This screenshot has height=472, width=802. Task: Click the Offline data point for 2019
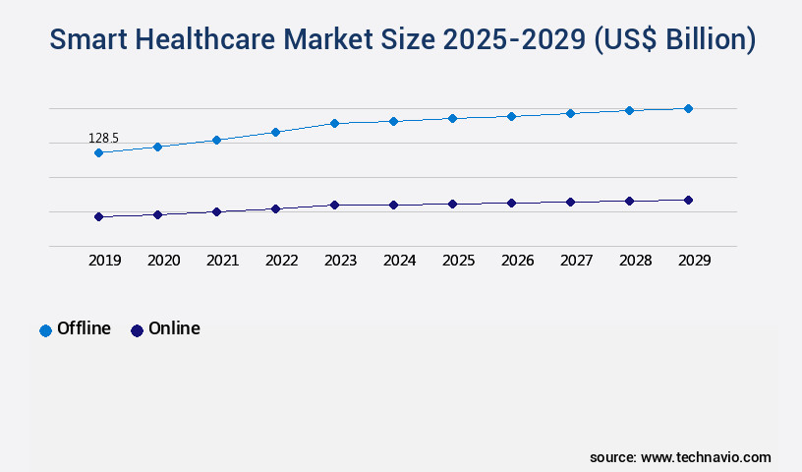tap(98, 152)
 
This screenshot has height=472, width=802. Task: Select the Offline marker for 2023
tap(334, 123)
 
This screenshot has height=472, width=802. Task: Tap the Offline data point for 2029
tap(688, 108)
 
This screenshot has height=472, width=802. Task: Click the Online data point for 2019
tap(98, 216)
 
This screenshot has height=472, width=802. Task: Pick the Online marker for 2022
tap(275, 208)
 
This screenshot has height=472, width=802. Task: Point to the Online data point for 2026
tap(511, 203)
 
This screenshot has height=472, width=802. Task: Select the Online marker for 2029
tap(688, 200)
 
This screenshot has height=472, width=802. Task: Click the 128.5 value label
tap(103, 139)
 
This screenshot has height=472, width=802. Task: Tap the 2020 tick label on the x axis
tap(163, 261)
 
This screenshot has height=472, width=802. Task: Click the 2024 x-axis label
tap(399, 261)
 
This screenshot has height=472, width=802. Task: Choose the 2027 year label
tap(576, 261)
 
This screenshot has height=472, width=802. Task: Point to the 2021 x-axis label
tap(222, 261)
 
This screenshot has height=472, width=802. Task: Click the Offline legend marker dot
tap(45, 330)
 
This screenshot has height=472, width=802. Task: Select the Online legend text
tap(174, 328)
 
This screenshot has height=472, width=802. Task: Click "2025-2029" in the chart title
tap(517, 39)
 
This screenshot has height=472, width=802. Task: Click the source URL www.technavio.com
tap(706, 457)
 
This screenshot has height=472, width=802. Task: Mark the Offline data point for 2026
tap(511, 116)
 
